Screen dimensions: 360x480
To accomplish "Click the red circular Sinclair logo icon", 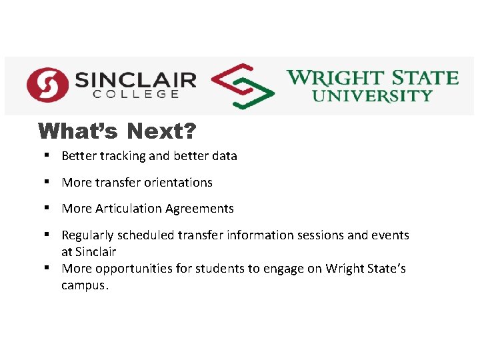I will (x=47, y=85).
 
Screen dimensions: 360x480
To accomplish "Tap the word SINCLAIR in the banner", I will (x=135, y=79).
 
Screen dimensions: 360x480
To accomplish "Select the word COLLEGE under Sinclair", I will (x=135, y=95).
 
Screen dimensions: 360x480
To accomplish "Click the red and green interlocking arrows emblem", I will (x=242, y=87).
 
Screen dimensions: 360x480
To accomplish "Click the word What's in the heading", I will (x=79, y=131).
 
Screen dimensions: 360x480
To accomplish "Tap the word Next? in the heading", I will (x=161, y=131).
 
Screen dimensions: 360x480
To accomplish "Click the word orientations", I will (x=175, y=182).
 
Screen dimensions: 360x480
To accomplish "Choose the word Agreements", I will (x=198, y=209).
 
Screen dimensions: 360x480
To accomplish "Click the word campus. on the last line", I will (x=84, y=285).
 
